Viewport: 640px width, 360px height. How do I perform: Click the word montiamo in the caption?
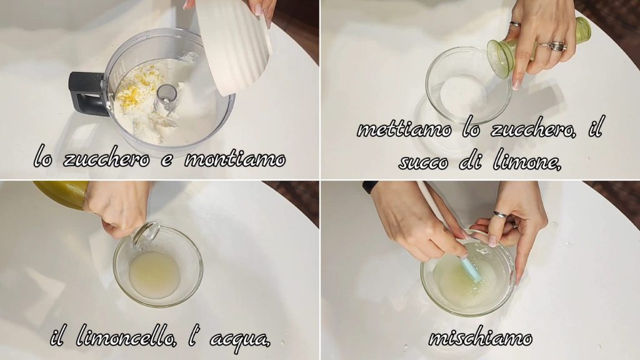pyautogui.click(x=235, y=159)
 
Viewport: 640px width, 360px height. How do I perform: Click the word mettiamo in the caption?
pyautogui.click(x=404, y=129)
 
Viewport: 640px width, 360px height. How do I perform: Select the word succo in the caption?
pyautogui.click(x=423, y=162)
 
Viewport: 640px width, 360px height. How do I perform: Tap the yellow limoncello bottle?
pyautogui.click(x=61, y=194)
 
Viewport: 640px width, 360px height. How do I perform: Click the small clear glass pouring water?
pyautogui.click(x=145, y=235)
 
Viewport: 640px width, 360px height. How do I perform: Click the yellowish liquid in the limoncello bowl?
pyautogui.click(x=154, y=274)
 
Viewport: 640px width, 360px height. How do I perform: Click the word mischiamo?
pyautogui.click(x=481, y=337)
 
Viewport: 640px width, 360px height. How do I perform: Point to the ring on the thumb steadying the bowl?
pyautogui.click(x=501, y=214)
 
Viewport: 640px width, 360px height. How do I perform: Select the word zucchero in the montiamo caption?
pyautogui.click(x=106, y=158)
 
